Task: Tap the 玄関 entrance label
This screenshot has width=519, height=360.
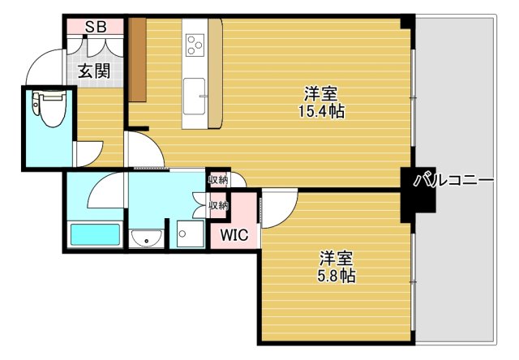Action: pyautogui.click(x=94, y=71)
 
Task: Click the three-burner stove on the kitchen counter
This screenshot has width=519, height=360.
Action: pyautogui.click(x=195, y=43)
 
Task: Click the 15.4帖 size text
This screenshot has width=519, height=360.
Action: pyautogui.click(x=320, y=112)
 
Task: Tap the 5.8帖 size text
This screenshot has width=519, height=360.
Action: pyautogui.click(x=336, y=276)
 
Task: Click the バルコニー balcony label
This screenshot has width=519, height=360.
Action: pyautogui.click(x=453, y=181)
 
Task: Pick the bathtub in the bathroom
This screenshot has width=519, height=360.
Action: pyautogui.click(x=95, y=235)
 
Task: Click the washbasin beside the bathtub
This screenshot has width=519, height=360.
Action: pyautogui.click(x=146, y=238)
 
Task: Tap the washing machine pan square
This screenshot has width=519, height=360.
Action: pyautogui.click(x=191, y=235)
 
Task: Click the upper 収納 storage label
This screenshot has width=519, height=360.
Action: pyautogui.click(x=218, y=180)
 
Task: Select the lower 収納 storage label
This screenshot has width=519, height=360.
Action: pyautogui.click(x=218, y=205)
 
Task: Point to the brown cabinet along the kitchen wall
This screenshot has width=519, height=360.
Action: pyautogui.click(x=137, y=58)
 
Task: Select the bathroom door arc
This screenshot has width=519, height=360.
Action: pyautogui.click(x=105, y=191)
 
